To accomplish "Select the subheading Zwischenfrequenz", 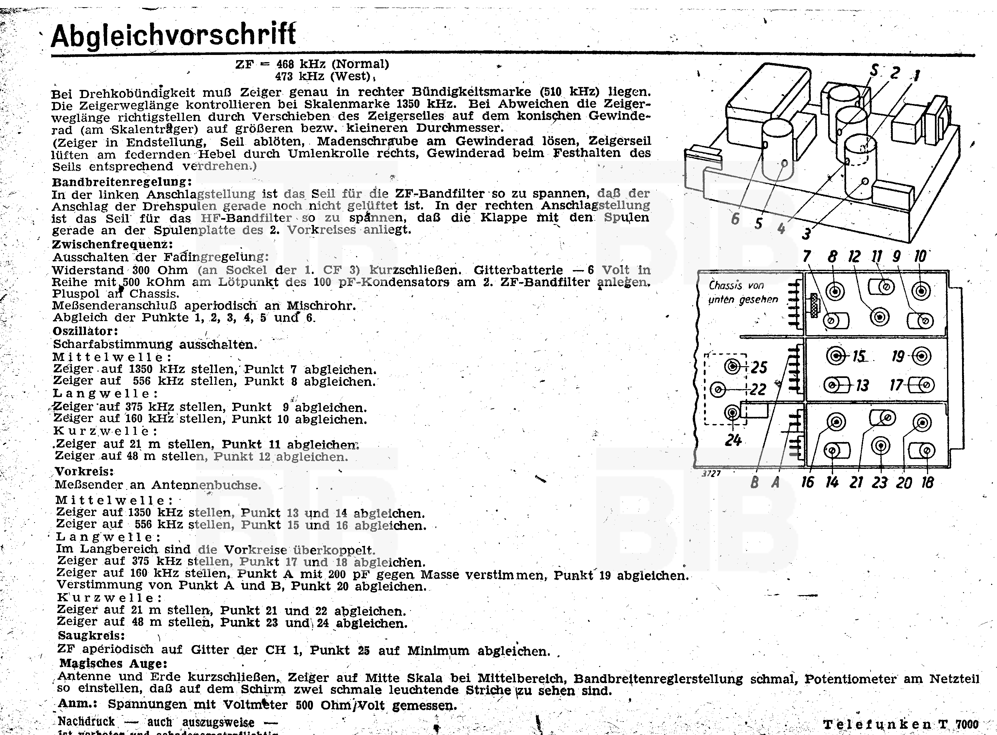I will point(112,244).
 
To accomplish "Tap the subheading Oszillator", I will point(85,331).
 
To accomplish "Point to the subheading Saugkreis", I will point(91,635).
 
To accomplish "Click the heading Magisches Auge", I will point(113,663).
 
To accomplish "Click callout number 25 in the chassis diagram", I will point(759,367).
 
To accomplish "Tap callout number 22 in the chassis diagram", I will point(758,389).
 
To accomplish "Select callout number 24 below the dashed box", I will point(733,440).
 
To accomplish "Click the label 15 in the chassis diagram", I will point(858,356).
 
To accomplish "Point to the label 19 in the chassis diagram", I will point(898,356).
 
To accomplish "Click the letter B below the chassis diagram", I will point(754,482).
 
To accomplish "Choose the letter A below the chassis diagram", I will point(775,482).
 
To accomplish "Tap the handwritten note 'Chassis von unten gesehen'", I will point(743,292).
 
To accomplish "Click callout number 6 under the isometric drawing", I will point(736,219).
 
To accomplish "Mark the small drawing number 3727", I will point(711,473).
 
